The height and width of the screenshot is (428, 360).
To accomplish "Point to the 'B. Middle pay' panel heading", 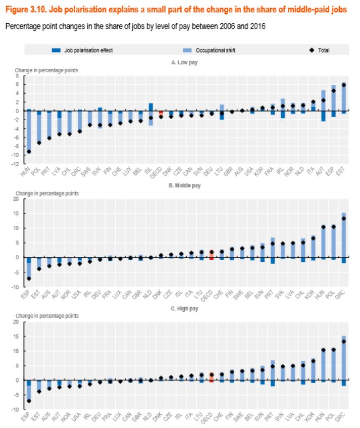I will click(x=186, y=185).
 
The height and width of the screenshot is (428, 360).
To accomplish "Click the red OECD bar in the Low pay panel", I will click(x=161, y=114).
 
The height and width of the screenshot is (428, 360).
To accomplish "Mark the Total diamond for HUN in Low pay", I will click(x=29, y=151).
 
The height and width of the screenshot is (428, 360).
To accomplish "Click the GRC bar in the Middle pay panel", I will click(x=344, y=235).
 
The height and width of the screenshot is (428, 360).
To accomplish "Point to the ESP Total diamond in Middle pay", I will click(x=29, y=278).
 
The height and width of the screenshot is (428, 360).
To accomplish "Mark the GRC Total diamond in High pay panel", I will click(x=344, y=342).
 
